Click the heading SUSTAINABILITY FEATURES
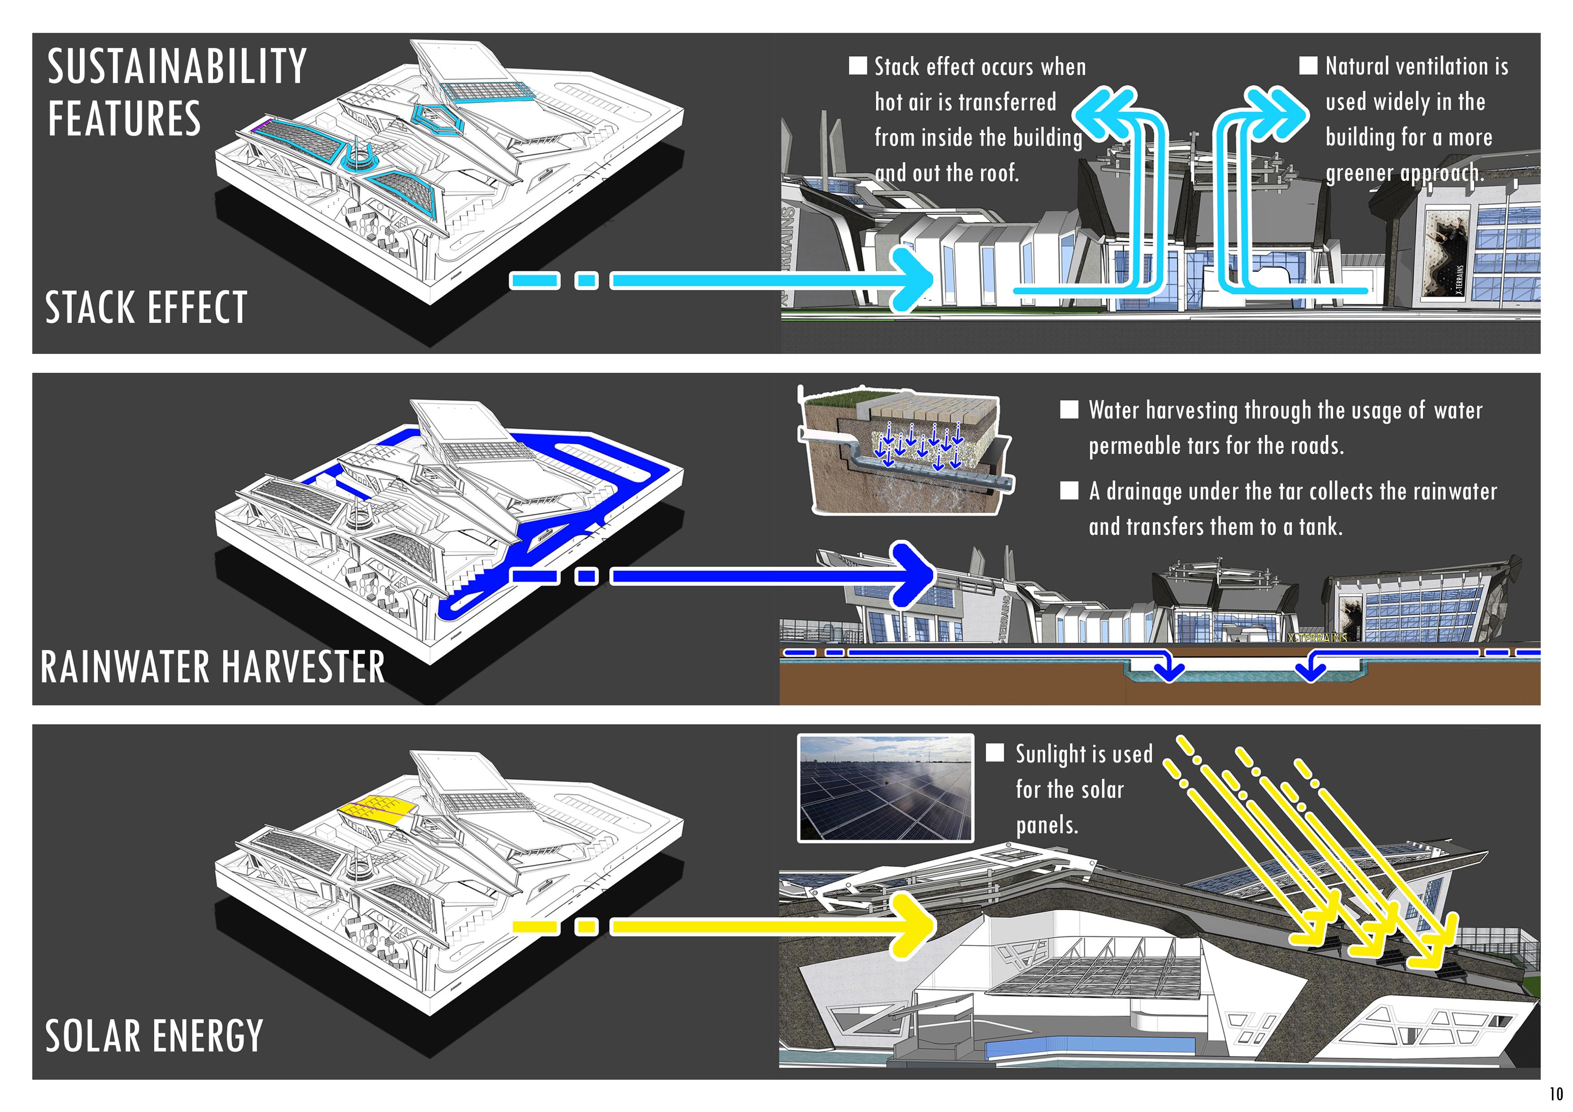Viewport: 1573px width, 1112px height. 177,92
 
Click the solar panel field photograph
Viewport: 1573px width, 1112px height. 885,788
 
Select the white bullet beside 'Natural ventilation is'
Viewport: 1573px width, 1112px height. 1308,66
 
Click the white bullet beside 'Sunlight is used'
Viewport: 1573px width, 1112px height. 995,753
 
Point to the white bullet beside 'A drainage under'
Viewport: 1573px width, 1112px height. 1069,491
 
